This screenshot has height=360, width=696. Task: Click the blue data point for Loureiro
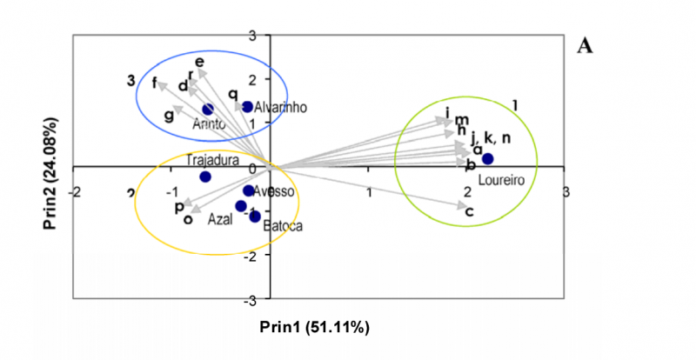pos(487,158)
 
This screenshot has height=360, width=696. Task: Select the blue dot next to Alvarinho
pos(247,107)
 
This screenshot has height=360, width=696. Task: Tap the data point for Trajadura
pos(205,177)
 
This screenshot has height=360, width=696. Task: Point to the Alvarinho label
pos(282,107)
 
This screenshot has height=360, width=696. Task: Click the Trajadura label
pos(211,160)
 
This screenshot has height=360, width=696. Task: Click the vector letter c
pos(469,212)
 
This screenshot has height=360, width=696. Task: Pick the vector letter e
pos(200,62)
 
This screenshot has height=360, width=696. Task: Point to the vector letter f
pos(156,83)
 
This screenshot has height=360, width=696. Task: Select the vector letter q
pos(233,94)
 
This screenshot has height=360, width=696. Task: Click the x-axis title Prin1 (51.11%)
pos(315,327)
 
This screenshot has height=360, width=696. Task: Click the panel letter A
pos(586,46)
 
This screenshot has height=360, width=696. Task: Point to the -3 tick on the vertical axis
pos(261,299)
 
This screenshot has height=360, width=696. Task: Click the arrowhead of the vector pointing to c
pos(462,206)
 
